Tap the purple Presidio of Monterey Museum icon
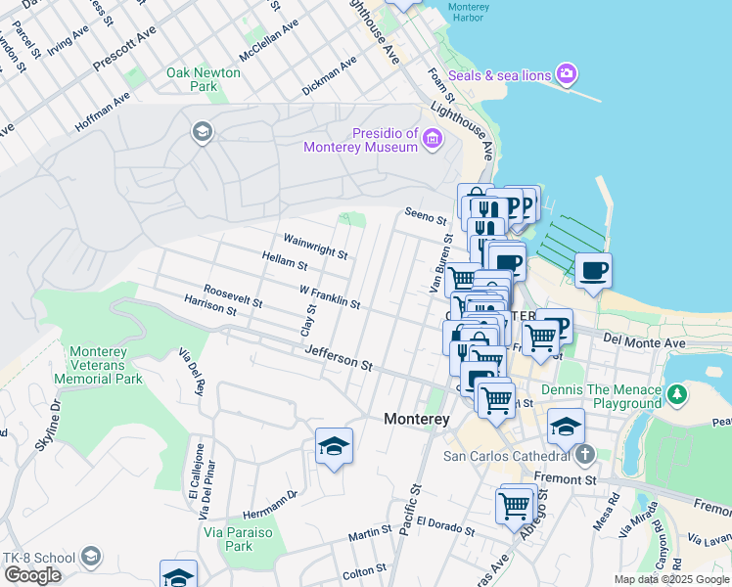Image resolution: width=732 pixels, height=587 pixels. (x=432, y=141)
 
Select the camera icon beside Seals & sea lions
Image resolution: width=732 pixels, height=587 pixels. (x=567, y=74)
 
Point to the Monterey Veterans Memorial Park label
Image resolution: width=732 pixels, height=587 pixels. (x=106, y=365)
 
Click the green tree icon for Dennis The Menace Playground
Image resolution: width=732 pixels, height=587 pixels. (x=677, y=395)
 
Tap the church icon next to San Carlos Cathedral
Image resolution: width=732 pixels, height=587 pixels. (x=584, y=455)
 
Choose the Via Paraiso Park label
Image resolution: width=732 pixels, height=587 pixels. (x=228, y=539)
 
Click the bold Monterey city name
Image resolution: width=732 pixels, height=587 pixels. (x=416, y=419)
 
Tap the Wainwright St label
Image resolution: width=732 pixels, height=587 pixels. (x=315, y=246)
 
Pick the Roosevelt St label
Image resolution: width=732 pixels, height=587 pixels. (x=233, y=296)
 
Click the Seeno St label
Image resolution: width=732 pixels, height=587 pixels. (x=427, y=215)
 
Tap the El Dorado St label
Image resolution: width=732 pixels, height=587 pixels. (x=445, y=527)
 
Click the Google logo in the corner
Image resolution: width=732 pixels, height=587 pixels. (x=33, y=575)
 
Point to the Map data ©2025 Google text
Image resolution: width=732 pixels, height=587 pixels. (x=670, y=579)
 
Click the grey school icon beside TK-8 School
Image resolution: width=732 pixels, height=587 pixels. (x=90, y=557)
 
